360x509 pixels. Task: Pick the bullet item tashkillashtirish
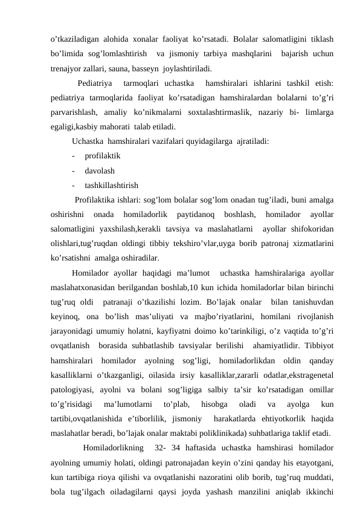112,185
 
